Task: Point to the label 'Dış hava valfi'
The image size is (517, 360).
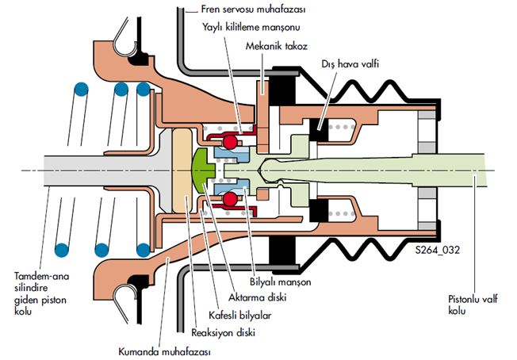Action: point(349,62)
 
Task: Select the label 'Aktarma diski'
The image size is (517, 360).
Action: point(258,297)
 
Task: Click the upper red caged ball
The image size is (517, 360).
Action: point(231,143)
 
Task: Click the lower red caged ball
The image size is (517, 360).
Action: point(231,198)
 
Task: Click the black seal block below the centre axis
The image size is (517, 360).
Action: point(325,212)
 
